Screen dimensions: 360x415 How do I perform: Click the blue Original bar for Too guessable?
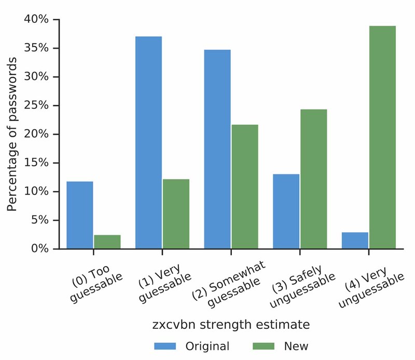point(80,215)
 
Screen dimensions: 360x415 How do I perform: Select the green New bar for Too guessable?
point(107,242)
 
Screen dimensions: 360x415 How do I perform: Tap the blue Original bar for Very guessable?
point(148,143)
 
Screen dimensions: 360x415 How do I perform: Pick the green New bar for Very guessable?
point(176,214)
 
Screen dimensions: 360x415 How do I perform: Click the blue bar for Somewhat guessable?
point(217,149)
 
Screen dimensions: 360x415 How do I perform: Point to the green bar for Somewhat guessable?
point(244,187)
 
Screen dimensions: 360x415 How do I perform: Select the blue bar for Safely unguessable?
point(286,211)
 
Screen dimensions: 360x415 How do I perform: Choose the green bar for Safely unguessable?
point(313,179)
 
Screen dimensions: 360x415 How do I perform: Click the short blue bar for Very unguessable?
point(355,240)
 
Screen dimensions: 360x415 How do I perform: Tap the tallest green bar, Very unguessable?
point(382,137)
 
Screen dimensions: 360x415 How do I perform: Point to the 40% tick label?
point(36,20)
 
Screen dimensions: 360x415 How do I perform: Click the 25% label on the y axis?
point(36,106)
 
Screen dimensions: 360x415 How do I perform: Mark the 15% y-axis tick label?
point(36,163)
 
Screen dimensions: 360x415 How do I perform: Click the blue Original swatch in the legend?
point(165,346)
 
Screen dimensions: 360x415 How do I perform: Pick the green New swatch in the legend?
point(264,346)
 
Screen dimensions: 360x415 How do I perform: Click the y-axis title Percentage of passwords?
point(12,134)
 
